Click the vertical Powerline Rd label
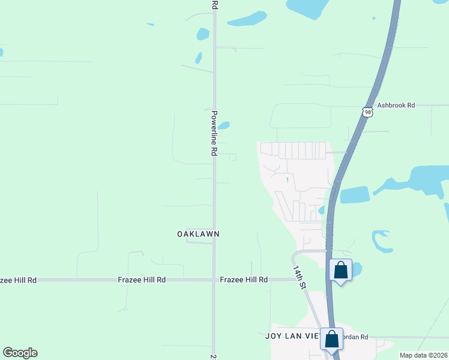213,133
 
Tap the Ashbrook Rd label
396,105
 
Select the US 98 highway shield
367,112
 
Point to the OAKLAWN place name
198,233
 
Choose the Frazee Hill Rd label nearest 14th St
244,280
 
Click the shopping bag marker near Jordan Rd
331,340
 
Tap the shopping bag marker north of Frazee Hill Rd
340,270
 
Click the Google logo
20,353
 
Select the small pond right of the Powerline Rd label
223,126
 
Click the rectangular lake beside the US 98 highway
355,195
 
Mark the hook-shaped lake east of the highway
381,240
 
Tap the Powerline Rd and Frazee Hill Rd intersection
214,280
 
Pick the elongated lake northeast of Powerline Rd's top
247,19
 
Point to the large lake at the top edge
307,6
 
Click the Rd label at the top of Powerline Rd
214,4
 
